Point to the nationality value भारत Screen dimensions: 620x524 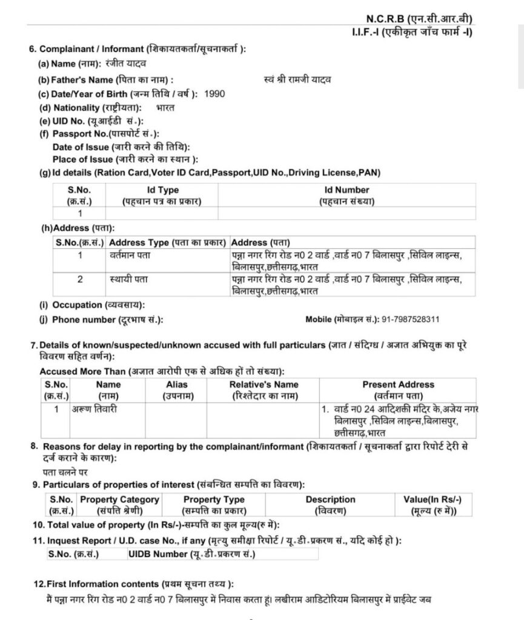click(165, 108)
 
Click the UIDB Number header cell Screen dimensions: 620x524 click(191, 554)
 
